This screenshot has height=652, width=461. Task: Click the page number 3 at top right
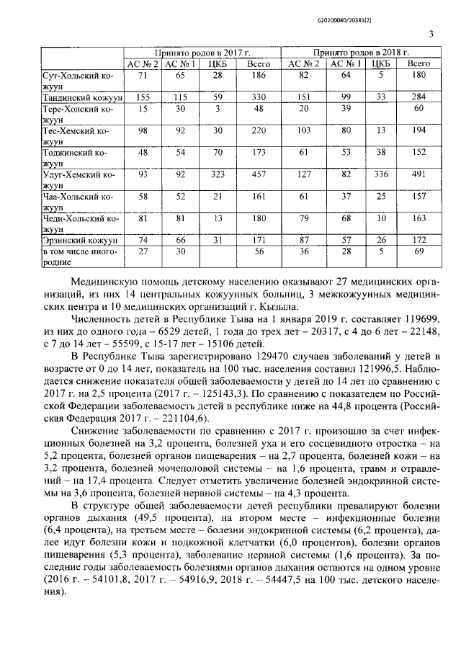click(x=430, y=33)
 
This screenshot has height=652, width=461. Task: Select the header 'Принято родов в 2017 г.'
click(x=196, y=54)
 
